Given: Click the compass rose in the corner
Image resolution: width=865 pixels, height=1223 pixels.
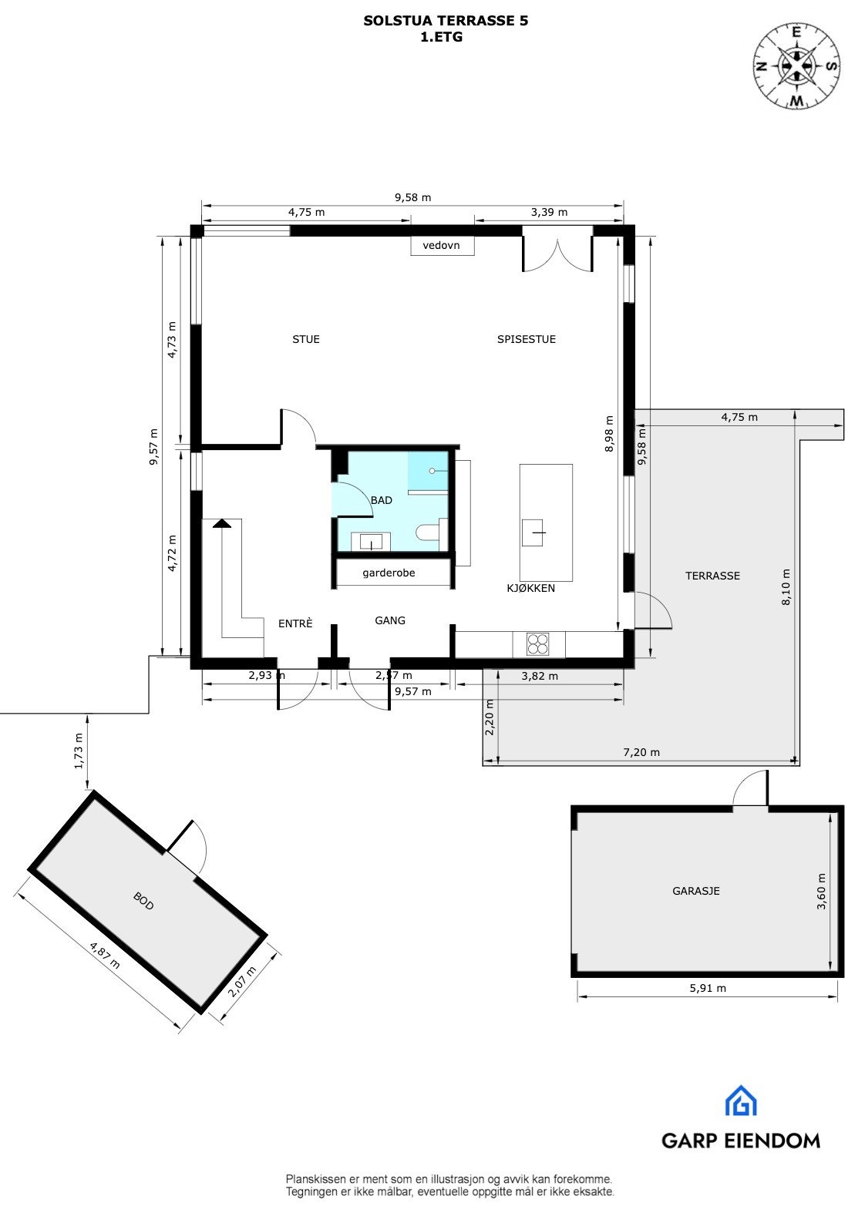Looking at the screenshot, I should point(796,66).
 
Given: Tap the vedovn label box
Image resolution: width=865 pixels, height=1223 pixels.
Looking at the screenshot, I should point(441,246).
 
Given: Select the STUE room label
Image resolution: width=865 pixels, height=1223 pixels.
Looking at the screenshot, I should point(306,339).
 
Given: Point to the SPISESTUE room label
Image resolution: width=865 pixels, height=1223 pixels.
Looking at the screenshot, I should point(527,339).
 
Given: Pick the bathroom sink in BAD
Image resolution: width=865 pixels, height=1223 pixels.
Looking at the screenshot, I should point(372,542).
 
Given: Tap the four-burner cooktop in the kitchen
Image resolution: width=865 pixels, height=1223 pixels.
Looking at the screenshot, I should point(538,643).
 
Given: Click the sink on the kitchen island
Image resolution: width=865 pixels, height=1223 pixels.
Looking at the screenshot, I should point(535,533).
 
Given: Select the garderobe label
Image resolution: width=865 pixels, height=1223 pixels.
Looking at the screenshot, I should point(389,573).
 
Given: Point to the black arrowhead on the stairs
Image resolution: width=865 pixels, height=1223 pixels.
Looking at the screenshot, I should point(222,523).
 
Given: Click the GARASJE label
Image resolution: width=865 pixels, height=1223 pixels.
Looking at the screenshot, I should point(696,891).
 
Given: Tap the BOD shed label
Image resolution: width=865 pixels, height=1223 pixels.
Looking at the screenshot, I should point(144,901).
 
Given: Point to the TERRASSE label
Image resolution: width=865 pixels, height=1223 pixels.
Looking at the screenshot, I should point(712,576).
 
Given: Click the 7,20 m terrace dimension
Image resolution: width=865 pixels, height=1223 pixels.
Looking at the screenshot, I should point(641,753).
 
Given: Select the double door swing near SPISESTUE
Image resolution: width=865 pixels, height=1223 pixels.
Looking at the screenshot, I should point(557,254).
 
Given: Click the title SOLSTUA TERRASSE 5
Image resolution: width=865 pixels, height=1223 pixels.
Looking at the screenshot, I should point(446,22).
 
